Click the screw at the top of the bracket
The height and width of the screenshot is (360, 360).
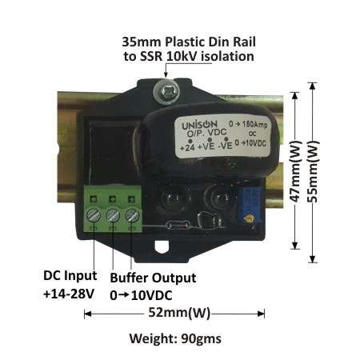[x=166, y=92]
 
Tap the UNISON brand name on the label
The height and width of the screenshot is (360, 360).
[x=199, y=125]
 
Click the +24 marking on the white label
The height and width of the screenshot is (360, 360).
[x=187, y=147]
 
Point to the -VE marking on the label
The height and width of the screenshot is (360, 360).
[x=225, y=146]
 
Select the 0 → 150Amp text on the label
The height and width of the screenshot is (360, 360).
[x=248, y=124]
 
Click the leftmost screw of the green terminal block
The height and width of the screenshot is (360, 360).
[x=94, y=215]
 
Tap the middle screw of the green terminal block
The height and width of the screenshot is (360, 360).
[x=113, y=215]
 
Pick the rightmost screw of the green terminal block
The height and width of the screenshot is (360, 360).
[x=132, y=215]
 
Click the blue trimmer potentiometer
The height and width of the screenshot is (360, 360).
[x=250, y=206]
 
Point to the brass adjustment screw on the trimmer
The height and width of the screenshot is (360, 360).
[x=249, y=219]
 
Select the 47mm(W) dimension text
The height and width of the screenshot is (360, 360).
[x=295, y=171]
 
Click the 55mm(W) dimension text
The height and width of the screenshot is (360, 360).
[x=314, y=171]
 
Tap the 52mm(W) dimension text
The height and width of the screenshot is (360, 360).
[x=179, y=313]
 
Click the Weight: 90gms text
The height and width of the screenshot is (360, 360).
[x=175, y=338]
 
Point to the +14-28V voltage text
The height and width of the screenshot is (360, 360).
[x=69, y=294]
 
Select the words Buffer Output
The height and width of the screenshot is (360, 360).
[x=153, y=278]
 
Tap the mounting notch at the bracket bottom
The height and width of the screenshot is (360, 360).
[x=162, y=246]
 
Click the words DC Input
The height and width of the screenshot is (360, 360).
[x=70, y=276]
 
